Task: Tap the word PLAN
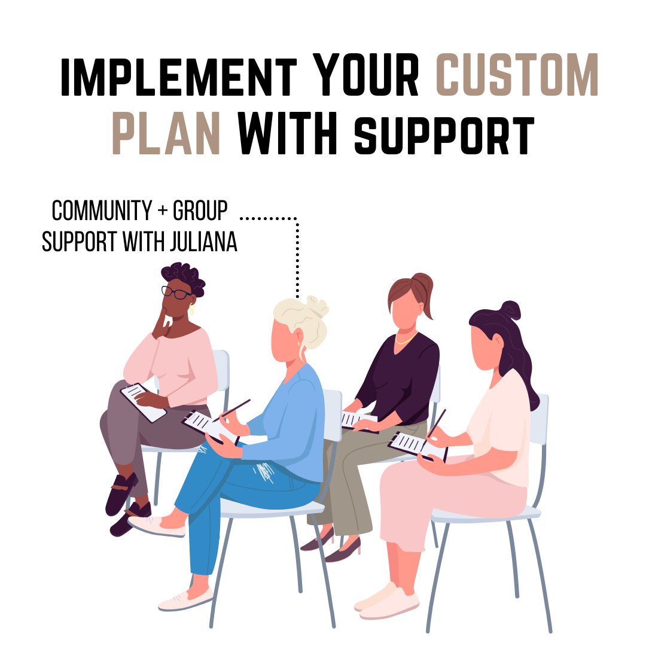[166, 133]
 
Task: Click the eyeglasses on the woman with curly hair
[176, 292]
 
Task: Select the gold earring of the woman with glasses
[192, 309]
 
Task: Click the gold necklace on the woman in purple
[406, 339]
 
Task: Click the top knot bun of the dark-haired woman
[510, 310]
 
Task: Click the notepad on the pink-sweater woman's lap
[142, 401]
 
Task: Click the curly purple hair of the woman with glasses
[182, 276]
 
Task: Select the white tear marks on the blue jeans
[264, 472]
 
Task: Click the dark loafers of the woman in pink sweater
[121, 494]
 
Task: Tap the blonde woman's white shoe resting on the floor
[185, 599]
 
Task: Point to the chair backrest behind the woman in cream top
[539, 419]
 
